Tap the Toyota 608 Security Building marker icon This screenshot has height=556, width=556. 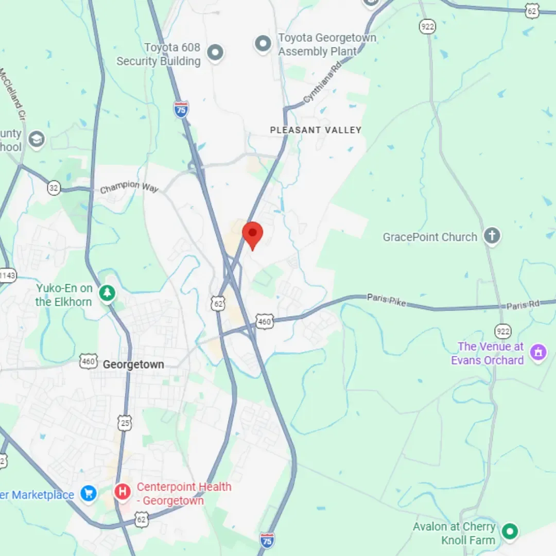tap(215, 52)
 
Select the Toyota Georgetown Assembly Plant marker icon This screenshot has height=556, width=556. tap(263, 44)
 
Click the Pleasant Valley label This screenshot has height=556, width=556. tap(316, 130)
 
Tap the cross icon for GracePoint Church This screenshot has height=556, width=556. tap(492, 236)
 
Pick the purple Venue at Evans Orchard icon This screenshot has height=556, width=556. tap(538, 353)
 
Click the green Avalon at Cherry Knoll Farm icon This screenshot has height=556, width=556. tap(510, 531)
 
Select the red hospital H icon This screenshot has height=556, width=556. tap(123, 492)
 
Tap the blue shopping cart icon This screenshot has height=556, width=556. tap(89, 494)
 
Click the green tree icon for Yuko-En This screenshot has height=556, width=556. tap(107, 293)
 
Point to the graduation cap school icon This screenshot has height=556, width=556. tap(37, 140)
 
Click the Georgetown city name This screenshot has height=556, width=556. tap(133, 364)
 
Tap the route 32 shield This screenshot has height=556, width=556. tap(54, 187)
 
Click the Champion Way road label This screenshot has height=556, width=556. tap(129, 187)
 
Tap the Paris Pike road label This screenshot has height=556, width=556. tap(387, 300)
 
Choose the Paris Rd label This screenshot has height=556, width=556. tap(523, 305)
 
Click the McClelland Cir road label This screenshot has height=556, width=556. tap(13, 95)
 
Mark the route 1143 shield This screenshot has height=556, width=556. tap(7, 275)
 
